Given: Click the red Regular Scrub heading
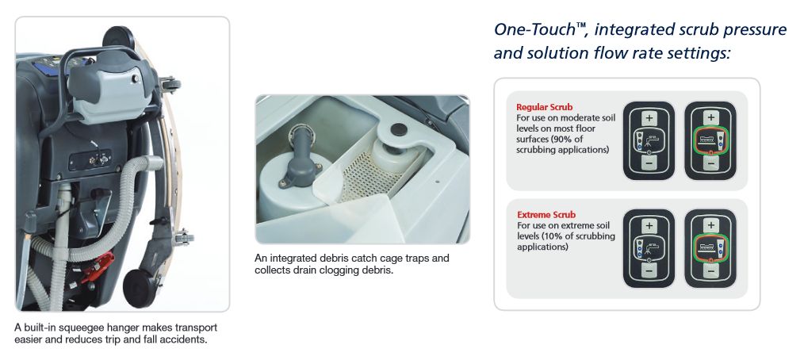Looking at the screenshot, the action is coord(544,108).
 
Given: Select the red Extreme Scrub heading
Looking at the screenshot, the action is coord(546,215).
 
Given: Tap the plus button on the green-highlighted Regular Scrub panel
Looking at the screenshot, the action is coord(710,117).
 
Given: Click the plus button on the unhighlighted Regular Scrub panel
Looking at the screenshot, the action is coord(649,118).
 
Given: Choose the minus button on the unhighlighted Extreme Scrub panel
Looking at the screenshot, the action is coord(649,270).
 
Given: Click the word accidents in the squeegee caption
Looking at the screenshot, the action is coord(186,339).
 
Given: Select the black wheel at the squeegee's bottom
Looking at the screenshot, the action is coord(140,289).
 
